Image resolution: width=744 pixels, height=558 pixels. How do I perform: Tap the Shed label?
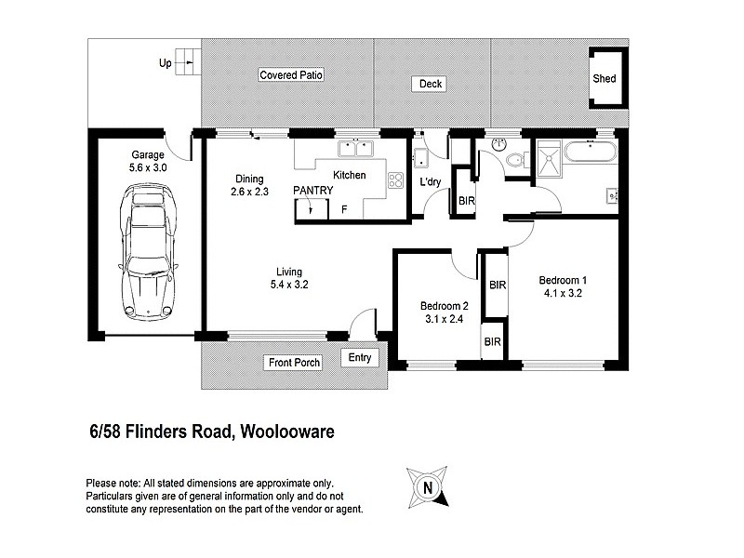[604, 78]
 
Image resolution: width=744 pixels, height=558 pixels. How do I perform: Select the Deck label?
[431, 85]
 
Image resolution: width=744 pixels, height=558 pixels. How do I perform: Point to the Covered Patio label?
[291, 75]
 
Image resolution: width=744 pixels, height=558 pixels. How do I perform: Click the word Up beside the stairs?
[166, 64]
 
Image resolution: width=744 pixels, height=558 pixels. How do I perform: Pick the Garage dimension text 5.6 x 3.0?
[147, 168]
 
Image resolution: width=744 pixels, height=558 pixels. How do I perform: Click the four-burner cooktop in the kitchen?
[395, 181]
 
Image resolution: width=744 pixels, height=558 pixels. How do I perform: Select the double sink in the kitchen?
[354, 148]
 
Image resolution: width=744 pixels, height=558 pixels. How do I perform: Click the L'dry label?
[431, 182]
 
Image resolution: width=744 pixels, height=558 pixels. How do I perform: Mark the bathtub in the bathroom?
[591, 153]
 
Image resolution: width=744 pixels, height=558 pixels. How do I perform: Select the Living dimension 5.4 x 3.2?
[284, 285]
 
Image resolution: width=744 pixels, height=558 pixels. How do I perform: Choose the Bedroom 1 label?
[564, 280]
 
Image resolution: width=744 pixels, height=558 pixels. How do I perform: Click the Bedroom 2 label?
[444, 307]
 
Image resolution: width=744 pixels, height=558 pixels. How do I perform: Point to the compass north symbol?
[427, 486]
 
